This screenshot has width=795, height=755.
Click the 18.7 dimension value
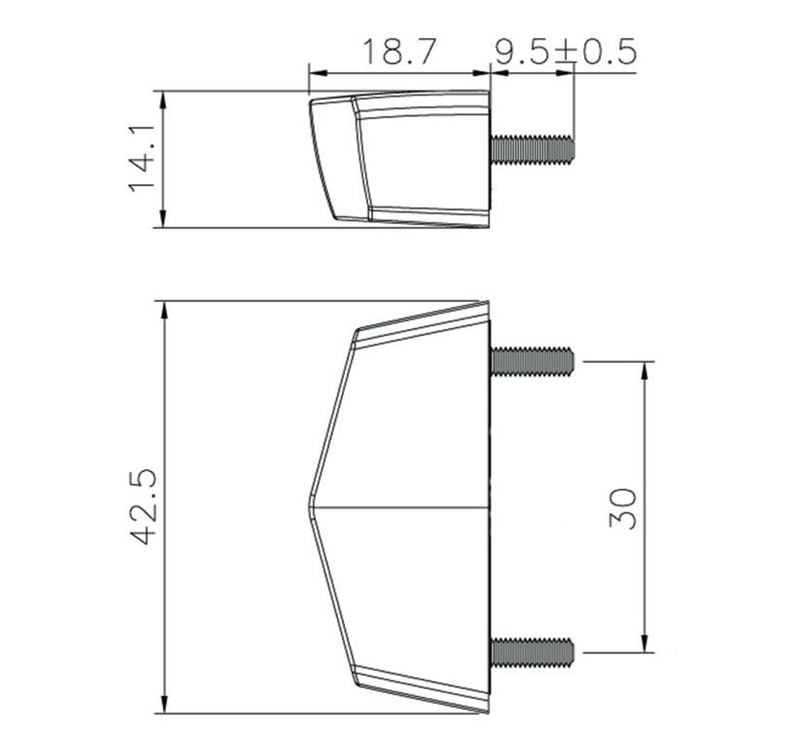coord(400,52)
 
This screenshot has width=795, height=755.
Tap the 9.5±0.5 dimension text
coord(565,52)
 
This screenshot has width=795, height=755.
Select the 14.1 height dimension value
coord(142,159)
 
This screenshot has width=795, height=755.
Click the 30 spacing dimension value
coord(622,508)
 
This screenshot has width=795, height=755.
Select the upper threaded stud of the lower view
coord(533,362)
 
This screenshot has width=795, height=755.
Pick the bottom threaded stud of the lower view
coord(533,652)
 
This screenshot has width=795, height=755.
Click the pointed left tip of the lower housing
coord(308,507)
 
